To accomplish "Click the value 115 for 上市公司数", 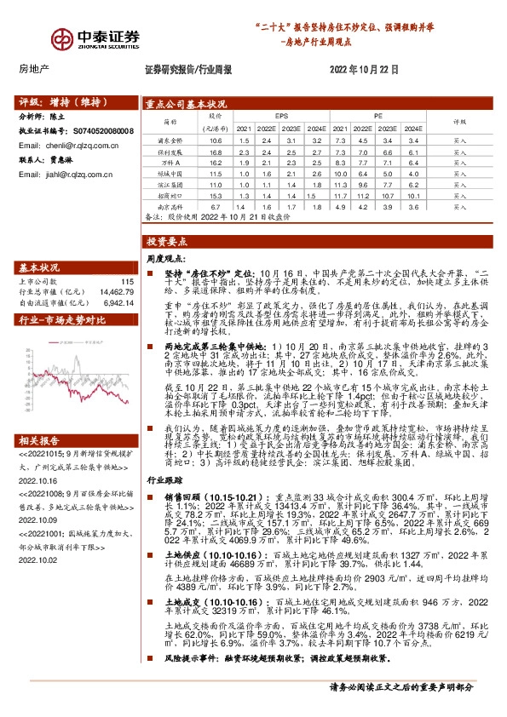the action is (x=128, y=281).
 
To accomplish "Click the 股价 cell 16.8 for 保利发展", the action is (x=215, y=150).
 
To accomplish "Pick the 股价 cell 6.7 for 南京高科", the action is (x=215, y=205).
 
